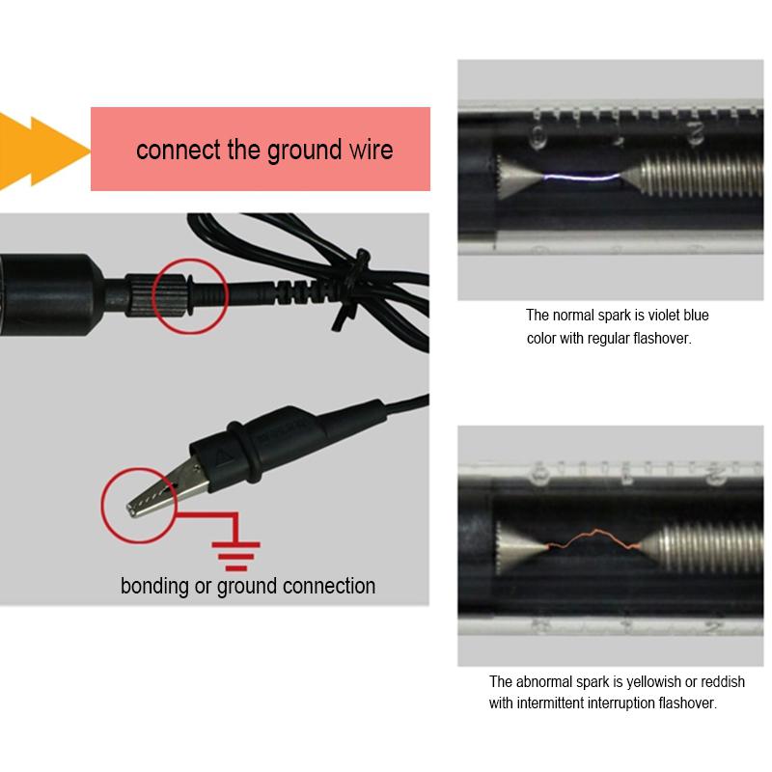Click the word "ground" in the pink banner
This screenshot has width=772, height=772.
tap(297, 151)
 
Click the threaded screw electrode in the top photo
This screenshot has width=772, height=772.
tap(690, 179)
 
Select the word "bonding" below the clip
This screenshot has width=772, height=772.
tap(154, 586)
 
